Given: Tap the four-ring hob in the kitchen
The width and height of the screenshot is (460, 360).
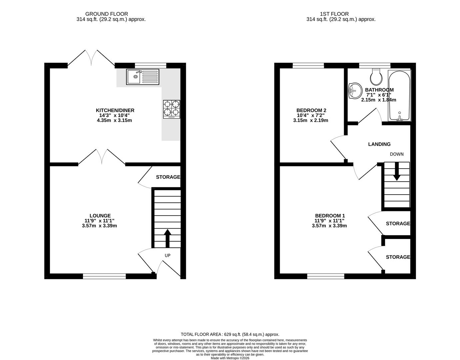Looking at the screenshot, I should [172, 109].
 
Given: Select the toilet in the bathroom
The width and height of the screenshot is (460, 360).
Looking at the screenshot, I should [375, 77].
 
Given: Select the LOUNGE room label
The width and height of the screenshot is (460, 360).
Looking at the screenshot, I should [100, 216].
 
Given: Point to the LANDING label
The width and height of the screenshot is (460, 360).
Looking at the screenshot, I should [379, 144].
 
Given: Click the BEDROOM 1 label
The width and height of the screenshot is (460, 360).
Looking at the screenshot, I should [330, 216].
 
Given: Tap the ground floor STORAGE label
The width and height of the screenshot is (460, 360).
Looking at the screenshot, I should [168, 177].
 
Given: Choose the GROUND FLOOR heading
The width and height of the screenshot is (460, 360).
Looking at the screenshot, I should [107, 14].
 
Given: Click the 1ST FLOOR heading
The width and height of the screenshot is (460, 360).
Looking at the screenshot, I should [334, 14].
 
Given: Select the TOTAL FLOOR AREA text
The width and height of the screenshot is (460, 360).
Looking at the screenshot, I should [230, 334].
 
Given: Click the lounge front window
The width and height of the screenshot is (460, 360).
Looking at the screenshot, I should [104, 276].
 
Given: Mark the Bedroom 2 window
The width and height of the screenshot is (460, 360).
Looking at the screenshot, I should [308, 65].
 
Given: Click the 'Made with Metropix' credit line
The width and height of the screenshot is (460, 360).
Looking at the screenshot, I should [230, 358].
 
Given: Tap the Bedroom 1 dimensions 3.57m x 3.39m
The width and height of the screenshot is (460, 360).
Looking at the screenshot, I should [329, 226].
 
